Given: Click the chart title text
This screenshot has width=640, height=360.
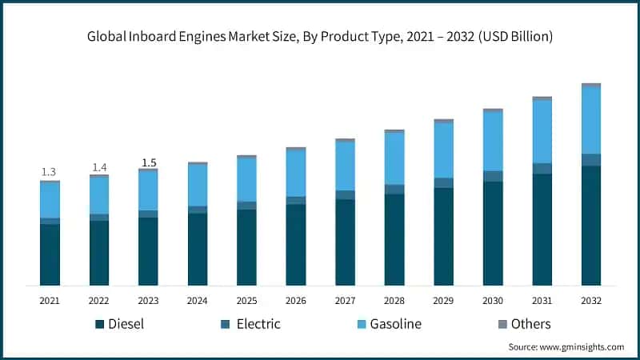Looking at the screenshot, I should pyautogui.click(x=320, y=36).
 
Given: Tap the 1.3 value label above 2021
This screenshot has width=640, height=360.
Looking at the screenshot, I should pyautogui.click(x=49, y=172).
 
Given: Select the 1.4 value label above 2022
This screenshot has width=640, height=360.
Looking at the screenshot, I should pyautogui.click(x=98, y=167).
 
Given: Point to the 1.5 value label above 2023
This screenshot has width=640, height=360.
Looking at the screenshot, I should pyautogui.click(x=149, y=162).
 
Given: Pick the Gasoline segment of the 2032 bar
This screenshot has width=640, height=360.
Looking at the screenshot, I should pyautogui.click(x=591, y=120).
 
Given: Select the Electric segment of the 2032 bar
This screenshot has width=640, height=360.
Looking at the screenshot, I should pyautogui.click(x=591, y=160).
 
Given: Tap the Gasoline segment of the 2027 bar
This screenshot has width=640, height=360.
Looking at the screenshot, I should pyautogui.click(x=345, y=166).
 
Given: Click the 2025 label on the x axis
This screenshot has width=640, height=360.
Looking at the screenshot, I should pyautogui.click(x=246, y=301).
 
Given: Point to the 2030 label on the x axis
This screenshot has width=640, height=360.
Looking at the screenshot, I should pyautogui.click(x=493, y=301).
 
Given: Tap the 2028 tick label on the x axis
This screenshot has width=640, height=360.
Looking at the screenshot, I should pyautogui.click(x=394, y=301).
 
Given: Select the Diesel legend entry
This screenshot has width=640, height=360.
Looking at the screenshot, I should pyautogui.click(x=125, y=324).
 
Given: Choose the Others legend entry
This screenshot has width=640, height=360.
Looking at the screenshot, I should pyautogui.click(x=524, y=324).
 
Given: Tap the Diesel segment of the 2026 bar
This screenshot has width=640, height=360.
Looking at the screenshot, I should pyautogui.click(x=296, y=245).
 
